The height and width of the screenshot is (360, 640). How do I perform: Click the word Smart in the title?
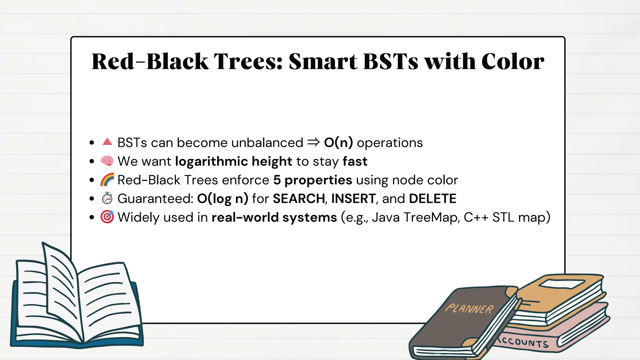pos(323,61)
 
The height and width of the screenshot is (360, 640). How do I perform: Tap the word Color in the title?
pos(513,61)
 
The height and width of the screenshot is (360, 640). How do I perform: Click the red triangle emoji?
pos(107,142)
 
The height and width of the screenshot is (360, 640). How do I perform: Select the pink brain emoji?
pos(107,161)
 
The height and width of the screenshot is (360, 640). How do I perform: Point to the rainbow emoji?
pos(107,180)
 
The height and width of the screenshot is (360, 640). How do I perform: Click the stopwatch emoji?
pos(107,198)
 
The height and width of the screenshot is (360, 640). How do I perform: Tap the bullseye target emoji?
pos(107,217)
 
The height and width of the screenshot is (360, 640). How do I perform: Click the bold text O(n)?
pos(338,143)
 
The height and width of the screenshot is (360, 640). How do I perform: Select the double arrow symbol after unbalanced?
pos(313,142)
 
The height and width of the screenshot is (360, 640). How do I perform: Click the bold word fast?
pos(355,162)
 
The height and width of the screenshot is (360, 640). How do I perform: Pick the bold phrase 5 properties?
pos(312,180)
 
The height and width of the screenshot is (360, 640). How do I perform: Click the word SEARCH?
pos(299,199)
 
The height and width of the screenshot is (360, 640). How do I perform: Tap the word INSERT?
pos(353,199)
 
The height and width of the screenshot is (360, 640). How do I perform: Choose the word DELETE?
pos(432,199)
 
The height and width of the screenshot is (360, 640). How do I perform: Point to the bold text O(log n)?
pos(222,199)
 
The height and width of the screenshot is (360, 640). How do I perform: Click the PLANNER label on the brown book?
pos(469,309)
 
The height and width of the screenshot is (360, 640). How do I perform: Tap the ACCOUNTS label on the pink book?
pos(523,341)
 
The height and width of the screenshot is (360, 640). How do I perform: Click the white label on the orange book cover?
pos(562,284)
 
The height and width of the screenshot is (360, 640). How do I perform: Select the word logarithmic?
pos(212,162)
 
